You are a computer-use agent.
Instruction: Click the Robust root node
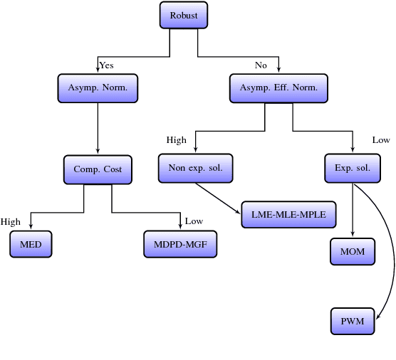(x=183, y=15)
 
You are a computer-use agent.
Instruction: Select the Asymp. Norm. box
(x=97, y=88)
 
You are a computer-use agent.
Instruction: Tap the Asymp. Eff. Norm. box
(x=278, y=88)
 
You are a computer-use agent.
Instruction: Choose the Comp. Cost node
(x=98, y=169)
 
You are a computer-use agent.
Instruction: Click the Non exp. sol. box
(x=195, y=169)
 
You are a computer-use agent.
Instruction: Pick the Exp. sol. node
(x=353, y=169)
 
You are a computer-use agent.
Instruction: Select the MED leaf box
(x=31, y=245)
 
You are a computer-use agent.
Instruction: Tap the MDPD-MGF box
(x=180, y=245)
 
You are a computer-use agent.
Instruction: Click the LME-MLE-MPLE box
(x=288, y=214)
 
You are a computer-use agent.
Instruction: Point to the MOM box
(x=353, y=252)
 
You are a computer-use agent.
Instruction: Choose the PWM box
(x=353, y=322)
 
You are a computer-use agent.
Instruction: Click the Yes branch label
(x=106, y=65)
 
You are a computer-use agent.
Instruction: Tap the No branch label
(x=261, y=65)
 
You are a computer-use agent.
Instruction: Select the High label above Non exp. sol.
(x=176, y=140)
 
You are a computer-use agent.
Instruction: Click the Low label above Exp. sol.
(x=381, y=140)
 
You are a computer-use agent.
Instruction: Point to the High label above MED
(x=11, y=222)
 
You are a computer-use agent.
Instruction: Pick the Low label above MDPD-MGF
(x=194, y=221)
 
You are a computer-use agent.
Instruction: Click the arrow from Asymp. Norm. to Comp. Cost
(x=97, y=128)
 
